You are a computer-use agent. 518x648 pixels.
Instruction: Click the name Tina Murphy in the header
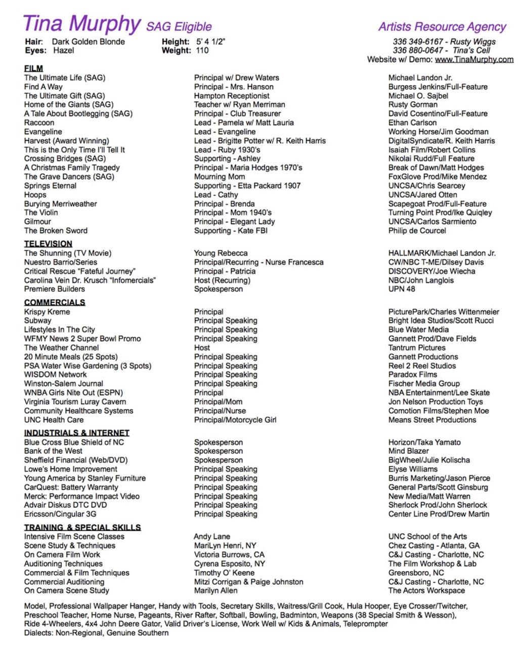click(81, 24)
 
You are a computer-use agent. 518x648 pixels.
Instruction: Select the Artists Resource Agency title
click(442, 27)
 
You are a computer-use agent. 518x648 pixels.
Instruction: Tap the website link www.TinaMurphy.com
click(474, 60)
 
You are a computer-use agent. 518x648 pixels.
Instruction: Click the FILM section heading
click(33, 68)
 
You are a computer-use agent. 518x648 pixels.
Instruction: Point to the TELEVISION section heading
click(48, 244)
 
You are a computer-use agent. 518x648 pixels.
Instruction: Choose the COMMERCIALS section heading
click(55, 302)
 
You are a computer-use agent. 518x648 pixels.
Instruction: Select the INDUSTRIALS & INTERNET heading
click(77, 433)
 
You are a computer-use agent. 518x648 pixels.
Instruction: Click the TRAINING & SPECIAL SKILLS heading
click(82, 527)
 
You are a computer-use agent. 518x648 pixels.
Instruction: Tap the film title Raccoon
click(39, 123)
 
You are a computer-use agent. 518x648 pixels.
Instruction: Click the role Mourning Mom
click(220, 177)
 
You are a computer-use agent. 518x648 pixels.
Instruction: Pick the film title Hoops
click(35, 195)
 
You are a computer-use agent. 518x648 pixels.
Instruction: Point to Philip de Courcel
click(417, 231)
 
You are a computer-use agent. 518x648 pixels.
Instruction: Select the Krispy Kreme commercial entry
click(47, 312)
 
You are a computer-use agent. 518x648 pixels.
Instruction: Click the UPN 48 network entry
click(402, 289)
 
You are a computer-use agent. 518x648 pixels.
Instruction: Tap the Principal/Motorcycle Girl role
click(235, 420)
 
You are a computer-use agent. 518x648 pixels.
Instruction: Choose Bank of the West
click(53, 451)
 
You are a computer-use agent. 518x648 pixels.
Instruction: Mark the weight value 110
click(202, 51)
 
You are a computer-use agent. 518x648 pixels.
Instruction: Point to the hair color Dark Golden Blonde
click(88, 42)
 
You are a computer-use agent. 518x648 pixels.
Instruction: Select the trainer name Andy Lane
click(212, 537)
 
